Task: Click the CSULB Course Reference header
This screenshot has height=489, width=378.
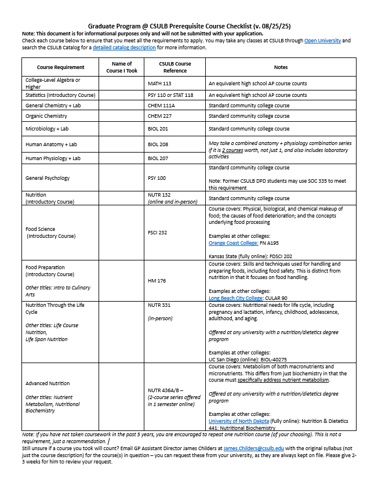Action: click(x=175, y=67)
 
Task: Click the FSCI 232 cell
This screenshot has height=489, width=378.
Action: click(x=157, y=233)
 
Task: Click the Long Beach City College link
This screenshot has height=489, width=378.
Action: click(x=235, y=298)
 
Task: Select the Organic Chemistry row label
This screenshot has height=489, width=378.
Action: click(x=46, y=116)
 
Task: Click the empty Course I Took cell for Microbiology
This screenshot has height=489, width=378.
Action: click(x=122, y=129)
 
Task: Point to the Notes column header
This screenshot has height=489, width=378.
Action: click(x=281, y=67)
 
